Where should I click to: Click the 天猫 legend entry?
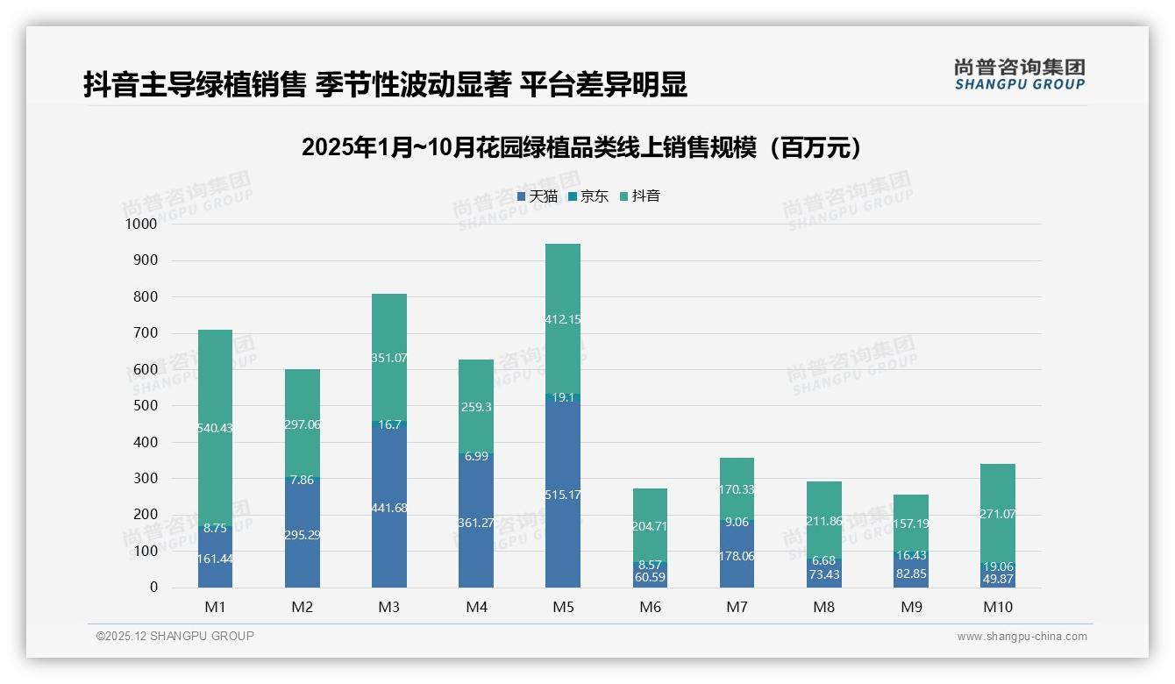538,196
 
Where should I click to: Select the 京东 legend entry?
588,196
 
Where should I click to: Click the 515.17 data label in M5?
562,495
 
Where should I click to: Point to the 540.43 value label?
215,428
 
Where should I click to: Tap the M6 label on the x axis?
649,607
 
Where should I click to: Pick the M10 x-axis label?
998,607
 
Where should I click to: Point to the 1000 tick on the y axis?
140,224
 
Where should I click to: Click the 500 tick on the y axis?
145,406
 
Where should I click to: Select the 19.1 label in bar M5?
562,397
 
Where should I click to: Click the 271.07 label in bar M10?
997,514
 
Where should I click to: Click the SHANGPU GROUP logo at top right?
1019,75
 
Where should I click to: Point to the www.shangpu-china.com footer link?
1022,637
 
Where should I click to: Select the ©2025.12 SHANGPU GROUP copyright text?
175,637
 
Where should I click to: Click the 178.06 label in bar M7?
737,556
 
